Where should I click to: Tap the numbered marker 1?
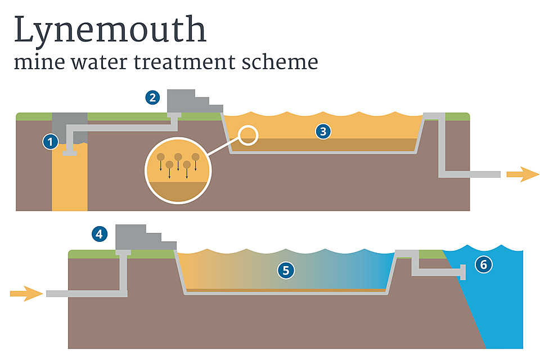pyautogui.click(x=51, y=142)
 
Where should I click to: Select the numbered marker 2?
pyautogui.click(x=152, y=97)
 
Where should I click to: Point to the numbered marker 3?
pyautogui.click(x=323, y=132)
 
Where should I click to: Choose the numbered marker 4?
pyautogui.click(x=100, y=233)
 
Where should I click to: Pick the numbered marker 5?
pyautogui.click(x=286, y=271)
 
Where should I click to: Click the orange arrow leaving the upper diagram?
pyautogui.click(x=523, y=174)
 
